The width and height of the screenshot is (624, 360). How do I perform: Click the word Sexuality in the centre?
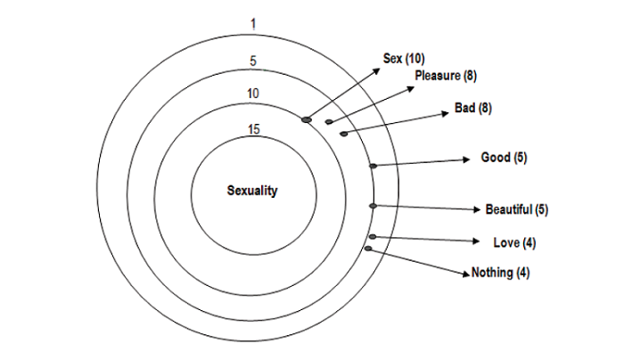[253, 191]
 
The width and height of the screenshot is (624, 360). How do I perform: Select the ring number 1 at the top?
[254, 24]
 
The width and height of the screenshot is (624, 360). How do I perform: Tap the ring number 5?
[254, 62]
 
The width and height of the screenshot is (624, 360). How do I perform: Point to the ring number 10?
[254, 94]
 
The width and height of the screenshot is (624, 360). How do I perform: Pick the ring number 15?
[254, 130]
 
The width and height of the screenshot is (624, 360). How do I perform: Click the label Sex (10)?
[404, 59]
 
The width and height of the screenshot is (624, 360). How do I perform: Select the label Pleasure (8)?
[446, 76]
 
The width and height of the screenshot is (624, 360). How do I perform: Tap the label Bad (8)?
[473, 108]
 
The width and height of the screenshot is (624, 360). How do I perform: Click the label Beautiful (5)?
[516, 210]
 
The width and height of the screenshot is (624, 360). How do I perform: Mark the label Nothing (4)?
[500, 273]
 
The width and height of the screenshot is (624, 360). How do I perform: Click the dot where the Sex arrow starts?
[308, 119]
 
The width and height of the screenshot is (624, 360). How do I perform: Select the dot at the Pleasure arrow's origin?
[329, 122]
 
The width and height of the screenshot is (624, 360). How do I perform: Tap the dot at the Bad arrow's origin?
[343, 134]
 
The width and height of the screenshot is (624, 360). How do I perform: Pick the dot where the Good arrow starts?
[373, 166]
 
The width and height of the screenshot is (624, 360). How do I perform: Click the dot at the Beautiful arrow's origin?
[373, 206]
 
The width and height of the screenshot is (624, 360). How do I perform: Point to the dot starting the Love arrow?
[372, 237]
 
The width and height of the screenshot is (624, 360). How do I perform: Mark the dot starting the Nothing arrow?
[368, 249]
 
